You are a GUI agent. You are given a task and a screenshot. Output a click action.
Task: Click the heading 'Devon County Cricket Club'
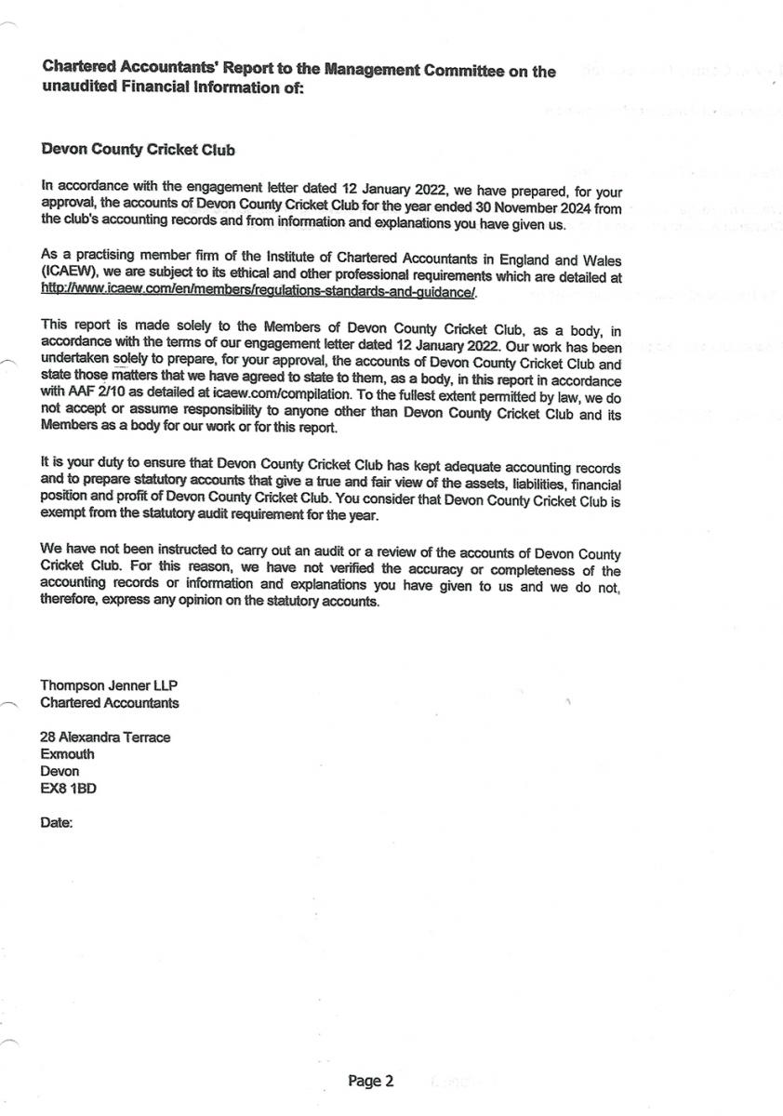139,150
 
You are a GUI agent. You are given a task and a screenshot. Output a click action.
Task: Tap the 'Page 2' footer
371,1081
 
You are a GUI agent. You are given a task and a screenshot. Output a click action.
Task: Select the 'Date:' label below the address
57,823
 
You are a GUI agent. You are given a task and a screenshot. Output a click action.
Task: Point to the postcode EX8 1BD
68,788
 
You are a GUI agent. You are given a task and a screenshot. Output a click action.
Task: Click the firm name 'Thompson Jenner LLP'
109,686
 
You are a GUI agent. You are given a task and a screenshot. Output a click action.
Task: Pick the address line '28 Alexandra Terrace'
105,737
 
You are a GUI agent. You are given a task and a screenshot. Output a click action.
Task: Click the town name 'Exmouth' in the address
67,754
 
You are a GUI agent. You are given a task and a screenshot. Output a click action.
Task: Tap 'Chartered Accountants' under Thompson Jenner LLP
110,703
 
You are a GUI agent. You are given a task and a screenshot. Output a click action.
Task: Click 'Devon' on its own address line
60,771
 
